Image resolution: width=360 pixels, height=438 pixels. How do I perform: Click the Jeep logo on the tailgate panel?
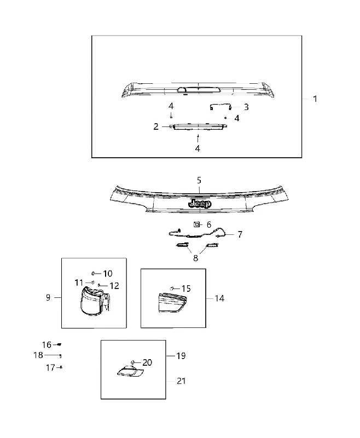200,204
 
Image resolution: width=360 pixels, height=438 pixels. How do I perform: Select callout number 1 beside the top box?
315,99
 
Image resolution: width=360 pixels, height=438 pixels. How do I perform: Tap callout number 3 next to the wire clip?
246,107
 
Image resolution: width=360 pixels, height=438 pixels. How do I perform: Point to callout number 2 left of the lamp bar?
156,126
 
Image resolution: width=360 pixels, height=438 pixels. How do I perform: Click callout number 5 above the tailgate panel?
199,181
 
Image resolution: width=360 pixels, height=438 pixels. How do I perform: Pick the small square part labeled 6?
197,224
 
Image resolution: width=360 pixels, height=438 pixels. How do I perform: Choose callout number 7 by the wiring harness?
240,234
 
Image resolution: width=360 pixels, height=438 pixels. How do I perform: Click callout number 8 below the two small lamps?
196,258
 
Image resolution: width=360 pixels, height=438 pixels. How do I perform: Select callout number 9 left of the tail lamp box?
48,297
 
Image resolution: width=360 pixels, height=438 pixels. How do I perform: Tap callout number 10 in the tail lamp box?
108,273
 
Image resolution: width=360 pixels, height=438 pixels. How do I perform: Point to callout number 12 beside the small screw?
114,286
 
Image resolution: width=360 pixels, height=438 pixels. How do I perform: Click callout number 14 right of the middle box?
219,298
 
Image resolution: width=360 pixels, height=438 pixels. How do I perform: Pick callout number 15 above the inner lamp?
186,289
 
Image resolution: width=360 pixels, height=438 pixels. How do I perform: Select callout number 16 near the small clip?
47,345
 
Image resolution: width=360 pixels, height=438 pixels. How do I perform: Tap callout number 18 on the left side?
38,355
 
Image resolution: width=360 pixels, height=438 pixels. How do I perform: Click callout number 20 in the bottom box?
147,362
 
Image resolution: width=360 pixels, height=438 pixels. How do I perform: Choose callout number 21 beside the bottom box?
181,381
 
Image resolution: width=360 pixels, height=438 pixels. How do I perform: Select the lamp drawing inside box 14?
172,303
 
